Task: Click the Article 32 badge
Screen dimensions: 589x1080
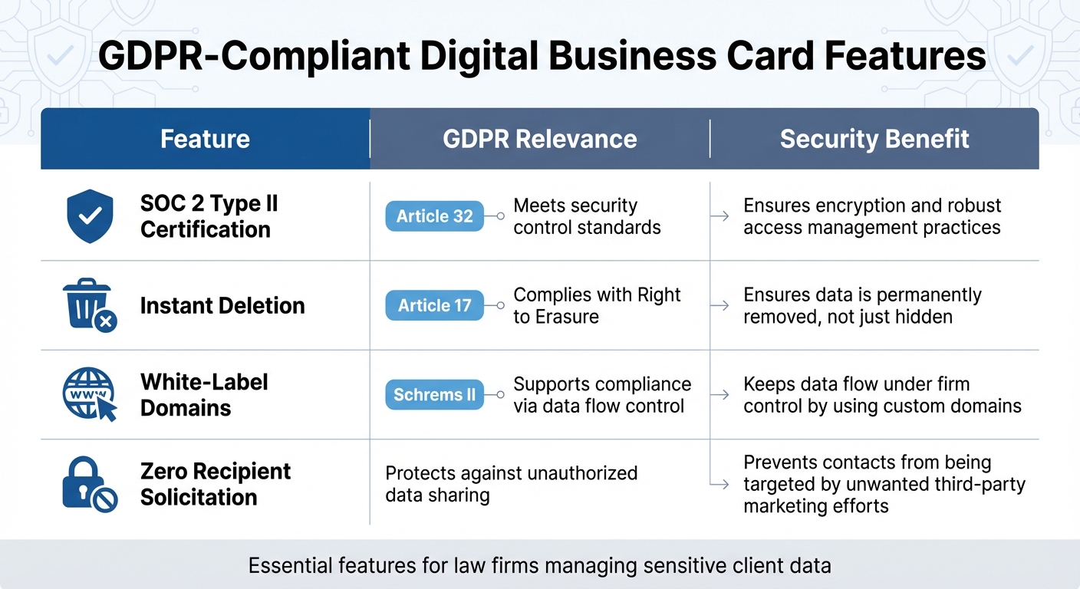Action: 434,216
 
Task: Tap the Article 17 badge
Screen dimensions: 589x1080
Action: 434,305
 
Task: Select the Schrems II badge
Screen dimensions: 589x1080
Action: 434,395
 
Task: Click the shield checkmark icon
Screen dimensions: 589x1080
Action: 90,216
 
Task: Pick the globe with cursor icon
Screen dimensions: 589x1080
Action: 89,394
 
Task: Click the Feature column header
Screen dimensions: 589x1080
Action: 205,139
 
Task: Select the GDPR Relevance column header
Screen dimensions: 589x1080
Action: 539,139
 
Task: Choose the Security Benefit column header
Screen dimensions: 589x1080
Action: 874,139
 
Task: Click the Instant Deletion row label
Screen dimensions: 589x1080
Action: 222,305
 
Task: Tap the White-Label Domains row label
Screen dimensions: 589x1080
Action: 204,394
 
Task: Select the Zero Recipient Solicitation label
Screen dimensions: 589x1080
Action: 216,484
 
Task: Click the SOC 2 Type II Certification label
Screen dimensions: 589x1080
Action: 209,216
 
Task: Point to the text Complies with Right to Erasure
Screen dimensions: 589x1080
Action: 597,305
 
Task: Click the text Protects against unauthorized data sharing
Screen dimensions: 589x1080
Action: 511,484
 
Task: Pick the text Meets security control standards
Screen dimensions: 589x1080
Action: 587,216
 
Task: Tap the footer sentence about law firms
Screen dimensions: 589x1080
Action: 539,566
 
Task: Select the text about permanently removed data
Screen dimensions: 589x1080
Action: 862,305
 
